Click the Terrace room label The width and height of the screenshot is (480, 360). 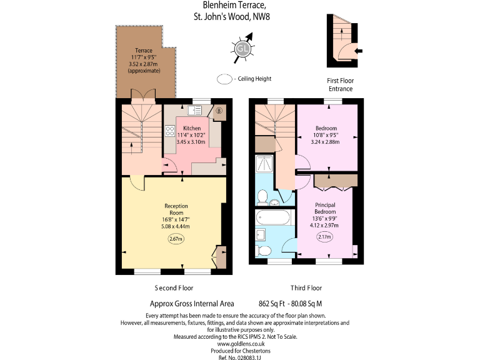(x=144, y=51)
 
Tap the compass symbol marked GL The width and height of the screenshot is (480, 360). (x=242, y=47)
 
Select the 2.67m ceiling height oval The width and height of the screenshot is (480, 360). (x=176, y=239)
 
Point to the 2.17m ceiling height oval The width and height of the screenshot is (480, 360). (x=324, y=237)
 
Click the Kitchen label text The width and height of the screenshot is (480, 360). (x=191, y=128)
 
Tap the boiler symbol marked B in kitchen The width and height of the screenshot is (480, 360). (x=218, y=112)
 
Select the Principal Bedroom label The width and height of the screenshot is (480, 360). (x=325, y=207)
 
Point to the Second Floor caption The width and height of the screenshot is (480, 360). (x=174, y=288)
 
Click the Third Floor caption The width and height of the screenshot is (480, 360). (x=306, y=288)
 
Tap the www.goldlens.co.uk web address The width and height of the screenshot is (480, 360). (x=241, y=343)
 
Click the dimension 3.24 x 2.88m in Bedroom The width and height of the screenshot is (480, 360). (x=326, y=141)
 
